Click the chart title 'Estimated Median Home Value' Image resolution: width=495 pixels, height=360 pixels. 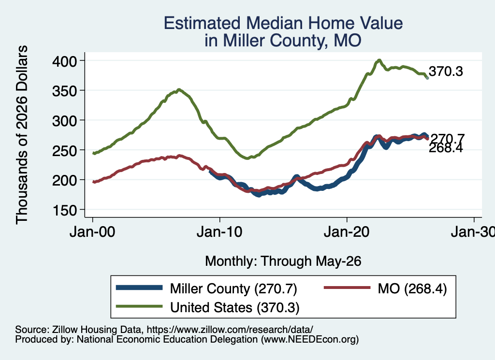point(283,23)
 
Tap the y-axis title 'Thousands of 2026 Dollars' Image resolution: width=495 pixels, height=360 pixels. point(21,135)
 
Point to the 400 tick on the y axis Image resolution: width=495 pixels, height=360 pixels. point(64,61)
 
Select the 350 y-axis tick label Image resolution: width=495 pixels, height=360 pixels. point(64,91)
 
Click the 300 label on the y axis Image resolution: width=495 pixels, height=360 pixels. point(64,120)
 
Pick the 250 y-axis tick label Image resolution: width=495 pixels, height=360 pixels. point(64,150)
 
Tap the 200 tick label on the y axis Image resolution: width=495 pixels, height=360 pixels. point(64,180)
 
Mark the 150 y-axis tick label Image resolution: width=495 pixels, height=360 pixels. point(64,210)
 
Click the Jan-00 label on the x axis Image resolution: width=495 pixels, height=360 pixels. point(92,232)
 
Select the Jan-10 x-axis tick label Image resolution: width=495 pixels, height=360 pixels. point(219,232)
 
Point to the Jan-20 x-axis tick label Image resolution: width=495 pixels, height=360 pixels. point(347,232)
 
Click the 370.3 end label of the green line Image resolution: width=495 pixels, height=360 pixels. point(446,72)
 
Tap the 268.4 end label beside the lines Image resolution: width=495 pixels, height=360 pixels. point(446,148)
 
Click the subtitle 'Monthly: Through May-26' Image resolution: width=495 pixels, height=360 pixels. point(283,261)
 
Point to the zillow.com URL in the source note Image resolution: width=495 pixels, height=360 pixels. point(230,330)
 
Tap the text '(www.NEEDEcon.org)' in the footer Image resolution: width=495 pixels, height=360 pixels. point(310,339)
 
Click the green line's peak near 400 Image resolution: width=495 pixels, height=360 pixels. point(379,60)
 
